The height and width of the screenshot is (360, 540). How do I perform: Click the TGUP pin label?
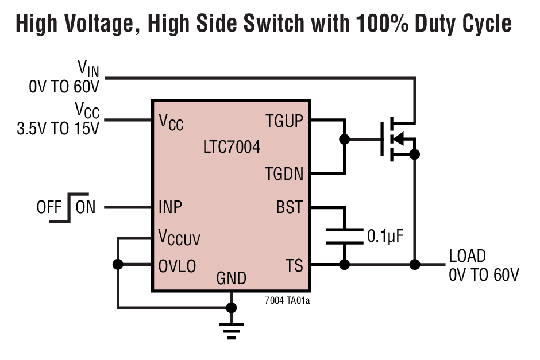[284, 121]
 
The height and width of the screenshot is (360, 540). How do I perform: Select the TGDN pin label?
[284, 173]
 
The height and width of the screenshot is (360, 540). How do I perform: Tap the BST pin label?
[289, 207]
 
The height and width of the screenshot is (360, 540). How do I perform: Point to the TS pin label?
[294, 265]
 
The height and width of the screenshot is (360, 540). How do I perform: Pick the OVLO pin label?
[177, 266]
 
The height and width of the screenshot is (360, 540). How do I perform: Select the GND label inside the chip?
[231, 279]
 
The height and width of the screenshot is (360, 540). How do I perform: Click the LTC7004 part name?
[231, 147]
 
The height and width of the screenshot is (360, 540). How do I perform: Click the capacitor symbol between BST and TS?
[344, 236]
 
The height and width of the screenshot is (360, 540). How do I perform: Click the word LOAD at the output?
[467, 256]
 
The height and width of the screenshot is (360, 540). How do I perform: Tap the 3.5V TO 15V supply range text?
[57, 127]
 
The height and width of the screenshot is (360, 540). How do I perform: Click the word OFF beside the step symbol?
[49, 207]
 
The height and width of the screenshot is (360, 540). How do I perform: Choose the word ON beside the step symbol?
[86, 207]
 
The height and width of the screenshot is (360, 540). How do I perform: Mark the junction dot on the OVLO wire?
[118, 265]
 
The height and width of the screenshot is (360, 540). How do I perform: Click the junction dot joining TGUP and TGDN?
[344, 139]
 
